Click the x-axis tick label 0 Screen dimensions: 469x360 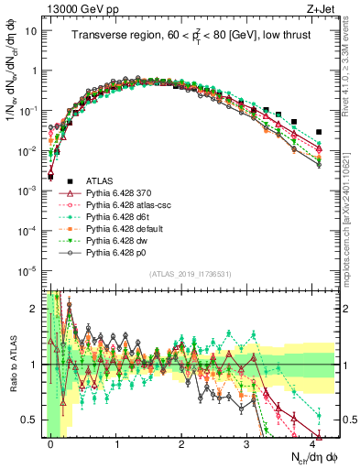50,442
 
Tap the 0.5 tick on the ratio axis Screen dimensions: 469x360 31,420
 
